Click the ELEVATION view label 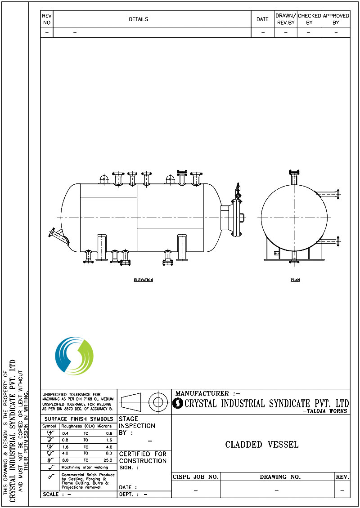click(143, 280)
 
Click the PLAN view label click(295, 280)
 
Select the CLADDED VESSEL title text click(261, 445)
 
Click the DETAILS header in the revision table click(138, 19)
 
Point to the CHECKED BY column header click(309, 19)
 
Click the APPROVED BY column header click(336, 19)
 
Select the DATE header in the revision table click(262, 19)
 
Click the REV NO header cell click(47, 19)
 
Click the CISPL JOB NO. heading click(196, 477)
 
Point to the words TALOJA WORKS click(325, 411)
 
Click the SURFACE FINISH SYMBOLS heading click(79, 419)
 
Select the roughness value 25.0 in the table click(106, 460)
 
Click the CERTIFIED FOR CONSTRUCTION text click(143, 457)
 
